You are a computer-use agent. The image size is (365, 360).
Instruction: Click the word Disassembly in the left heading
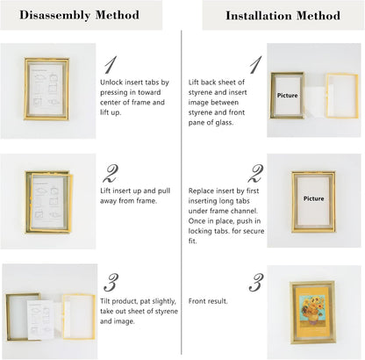pos(54,15)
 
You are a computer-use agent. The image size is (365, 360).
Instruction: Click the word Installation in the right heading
pos(259,16)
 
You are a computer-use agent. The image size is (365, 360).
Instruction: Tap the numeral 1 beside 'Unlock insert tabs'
pos(111,65)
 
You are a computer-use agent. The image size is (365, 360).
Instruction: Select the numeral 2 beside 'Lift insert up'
pos(111,173)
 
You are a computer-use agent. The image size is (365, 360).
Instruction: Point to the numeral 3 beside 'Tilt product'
pos(111,283)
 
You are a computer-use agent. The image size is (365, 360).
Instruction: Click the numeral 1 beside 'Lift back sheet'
pos(255,65)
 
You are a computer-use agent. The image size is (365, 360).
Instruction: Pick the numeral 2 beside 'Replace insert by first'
pos(255,173)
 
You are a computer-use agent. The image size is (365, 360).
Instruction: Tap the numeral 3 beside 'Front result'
pos(256,283)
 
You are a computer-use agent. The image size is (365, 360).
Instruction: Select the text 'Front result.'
pos(208,301)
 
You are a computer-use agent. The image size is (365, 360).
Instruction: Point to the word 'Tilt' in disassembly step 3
pos(105,301)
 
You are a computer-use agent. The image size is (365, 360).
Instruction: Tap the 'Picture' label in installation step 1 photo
pos(288,96)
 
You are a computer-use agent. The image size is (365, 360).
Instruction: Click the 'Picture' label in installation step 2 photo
pos(313,198)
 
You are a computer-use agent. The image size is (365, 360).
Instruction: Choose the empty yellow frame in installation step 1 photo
pos(342,96)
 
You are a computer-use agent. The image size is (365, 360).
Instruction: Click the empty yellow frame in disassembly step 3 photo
pos(79,317)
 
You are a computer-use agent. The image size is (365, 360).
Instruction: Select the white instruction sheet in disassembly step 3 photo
pos(40,320)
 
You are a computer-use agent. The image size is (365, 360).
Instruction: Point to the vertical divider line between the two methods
pos(182,192)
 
